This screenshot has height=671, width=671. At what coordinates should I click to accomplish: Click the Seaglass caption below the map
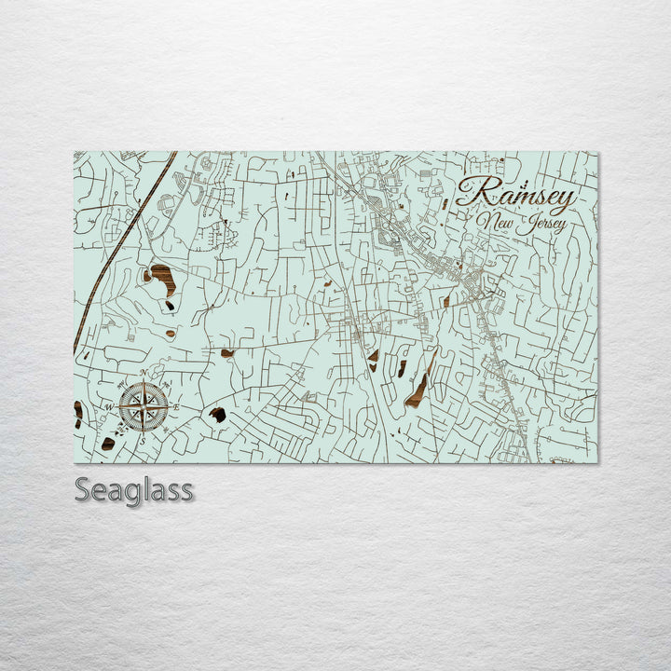click(134, 489)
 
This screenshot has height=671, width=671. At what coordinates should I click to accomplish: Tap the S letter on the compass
click(144, 439)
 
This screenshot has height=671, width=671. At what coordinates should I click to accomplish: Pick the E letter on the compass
click(175, 406)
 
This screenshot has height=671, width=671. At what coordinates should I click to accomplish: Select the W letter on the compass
click(109, 407)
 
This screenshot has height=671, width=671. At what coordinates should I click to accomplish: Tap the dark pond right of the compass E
click(217, 415)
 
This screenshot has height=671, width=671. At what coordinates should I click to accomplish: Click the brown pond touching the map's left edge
click(78, 410)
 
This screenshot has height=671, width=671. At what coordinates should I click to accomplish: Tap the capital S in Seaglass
click(82, 489)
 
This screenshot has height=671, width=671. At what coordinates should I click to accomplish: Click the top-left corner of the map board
click(75, 152)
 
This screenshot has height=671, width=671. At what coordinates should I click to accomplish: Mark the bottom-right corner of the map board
click(597, 462)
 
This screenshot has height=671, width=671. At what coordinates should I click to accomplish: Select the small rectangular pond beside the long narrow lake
click(402, 368)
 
